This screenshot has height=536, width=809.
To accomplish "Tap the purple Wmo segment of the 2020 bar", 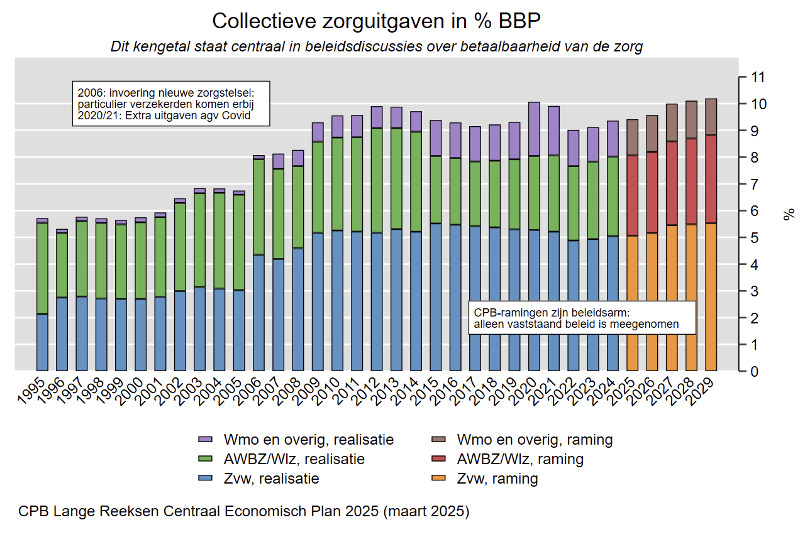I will coord(534,129).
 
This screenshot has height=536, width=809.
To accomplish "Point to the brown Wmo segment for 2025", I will coord(632,137).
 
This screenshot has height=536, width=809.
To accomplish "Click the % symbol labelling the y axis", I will coord(788,213).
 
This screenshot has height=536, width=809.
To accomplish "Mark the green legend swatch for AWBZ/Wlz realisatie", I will coord(205,459).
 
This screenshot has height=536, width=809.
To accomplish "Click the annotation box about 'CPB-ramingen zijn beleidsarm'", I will coord(583,318).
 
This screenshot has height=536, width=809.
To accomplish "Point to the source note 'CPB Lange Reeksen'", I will coord(243,511).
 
